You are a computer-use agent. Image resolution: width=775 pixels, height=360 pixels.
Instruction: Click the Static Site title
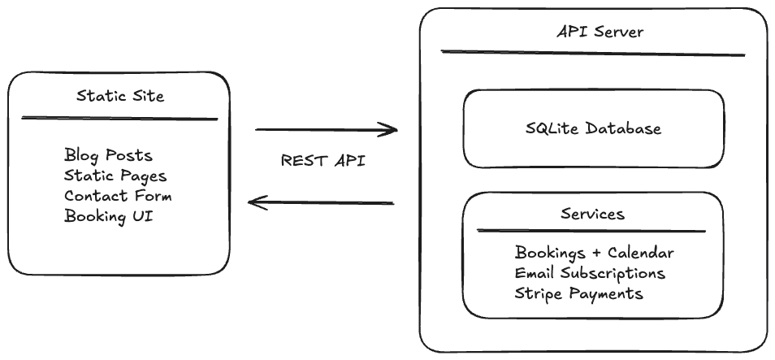120,96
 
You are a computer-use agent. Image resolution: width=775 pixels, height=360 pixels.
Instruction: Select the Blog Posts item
108,155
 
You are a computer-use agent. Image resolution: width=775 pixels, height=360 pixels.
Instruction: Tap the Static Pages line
115,176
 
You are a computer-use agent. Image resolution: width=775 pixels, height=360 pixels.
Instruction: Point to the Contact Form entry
118,196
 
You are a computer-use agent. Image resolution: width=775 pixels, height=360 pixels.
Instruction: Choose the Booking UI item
108,216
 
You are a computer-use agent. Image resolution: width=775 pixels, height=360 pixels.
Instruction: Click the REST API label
323,161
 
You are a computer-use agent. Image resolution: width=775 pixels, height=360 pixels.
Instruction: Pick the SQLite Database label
593,128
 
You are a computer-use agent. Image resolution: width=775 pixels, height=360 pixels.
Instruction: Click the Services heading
592,214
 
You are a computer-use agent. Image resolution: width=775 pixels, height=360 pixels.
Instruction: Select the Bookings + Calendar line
594,254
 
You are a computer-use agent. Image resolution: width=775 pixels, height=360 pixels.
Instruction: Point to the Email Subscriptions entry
590,273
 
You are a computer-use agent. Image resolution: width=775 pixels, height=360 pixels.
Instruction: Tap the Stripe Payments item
578,293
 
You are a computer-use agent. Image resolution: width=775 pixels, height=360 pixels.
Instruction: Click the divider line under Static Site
119,119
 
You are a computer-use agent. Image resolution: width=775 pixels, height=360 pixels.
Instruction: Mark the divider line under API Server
593,54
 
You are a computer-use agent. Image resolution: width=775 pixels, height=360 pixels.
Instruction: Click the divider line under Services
591,232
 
